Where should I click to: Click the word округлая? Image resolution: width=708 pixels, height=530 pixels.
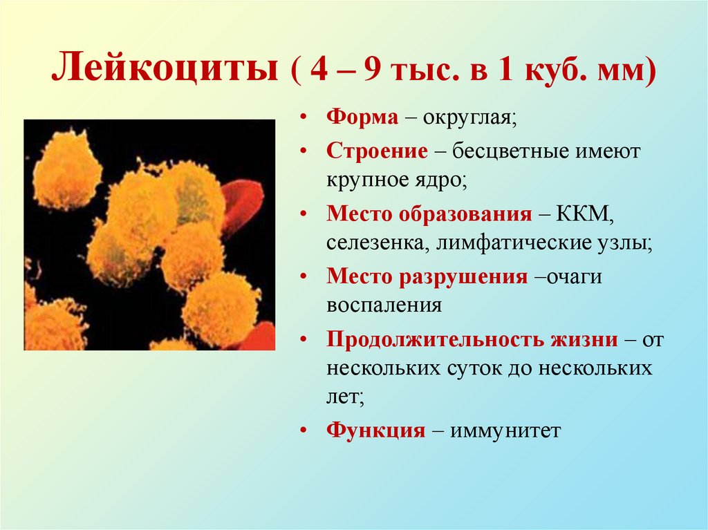pyautogui.click(x=467, y=117)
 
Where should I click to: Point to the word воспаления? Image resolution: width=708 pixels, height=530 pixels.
pyautogui.click(x=384, y=305)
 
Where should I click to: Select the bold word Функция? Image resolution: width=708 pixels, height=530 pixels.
pyautogui.click(x=375, y=430)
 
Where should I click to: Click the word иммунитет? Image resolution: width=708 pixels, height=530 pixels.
pyautogui.click(x=506, y=431)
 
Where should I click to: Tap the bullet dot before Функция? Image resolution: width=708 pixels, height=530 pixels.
pyautogui.click(x=304, y=430)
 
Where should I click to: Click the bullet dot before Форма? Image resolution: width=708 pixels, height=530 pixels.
pyautogui.click(x=304, y=117)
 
